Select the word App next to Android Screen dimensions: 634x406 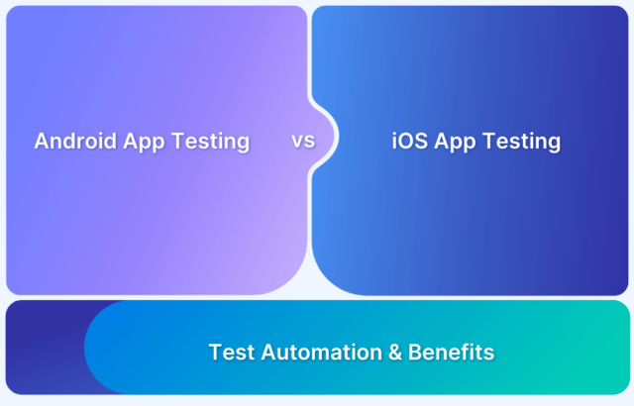[x=145, y=143]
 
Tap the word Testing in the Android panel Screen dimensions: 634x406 [x=211, y=143]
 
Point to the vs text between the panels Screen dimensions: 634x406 [x=303, y=141]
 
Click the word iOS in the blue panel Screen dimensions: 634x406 [x=409, y=141]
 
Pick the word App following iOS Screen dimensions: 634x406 [x=456, y=143]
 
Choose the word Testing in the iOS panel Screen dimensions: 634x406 [x=522, y=143]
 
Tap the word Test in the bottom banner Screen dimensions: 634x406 [x=232, y=352]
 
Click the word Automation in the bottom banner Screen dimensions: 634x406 [x=321, y=352]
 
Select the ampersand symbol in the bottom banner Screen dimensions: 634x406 [x=395, y=352]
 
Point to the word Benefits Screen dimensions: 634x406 [x=452, y=352]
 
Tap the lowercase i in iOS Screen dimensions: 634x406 [x=394, y=141]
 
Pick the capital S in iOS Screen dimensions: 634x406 [x=421, y=141]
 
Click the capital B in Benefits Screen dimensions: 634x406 [x=415, y=352]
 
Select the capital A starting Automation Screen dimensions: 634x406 [x=268, y=352]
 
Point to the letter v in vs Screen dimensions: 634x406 [x=297, y=142]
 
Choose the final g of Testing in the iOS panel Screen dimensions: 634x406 [x=555, y=145]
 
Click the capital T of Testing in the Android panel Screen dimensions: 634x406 [x=178, y=141]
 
